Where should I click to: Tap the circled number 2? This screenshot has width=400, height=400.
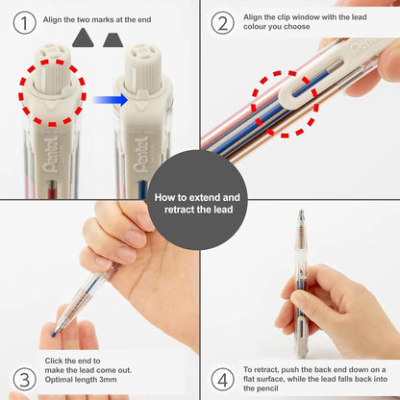click(x=222, y=21)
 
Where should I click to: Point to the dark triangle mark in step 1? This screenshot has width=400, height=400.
click(x=84, y=37)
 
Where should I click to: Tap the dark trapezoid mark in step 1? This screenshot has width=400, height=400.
click(x=114, y=37)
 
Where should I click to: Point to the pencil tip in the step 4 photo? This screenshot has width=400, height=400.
click(x=301, y=213)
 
